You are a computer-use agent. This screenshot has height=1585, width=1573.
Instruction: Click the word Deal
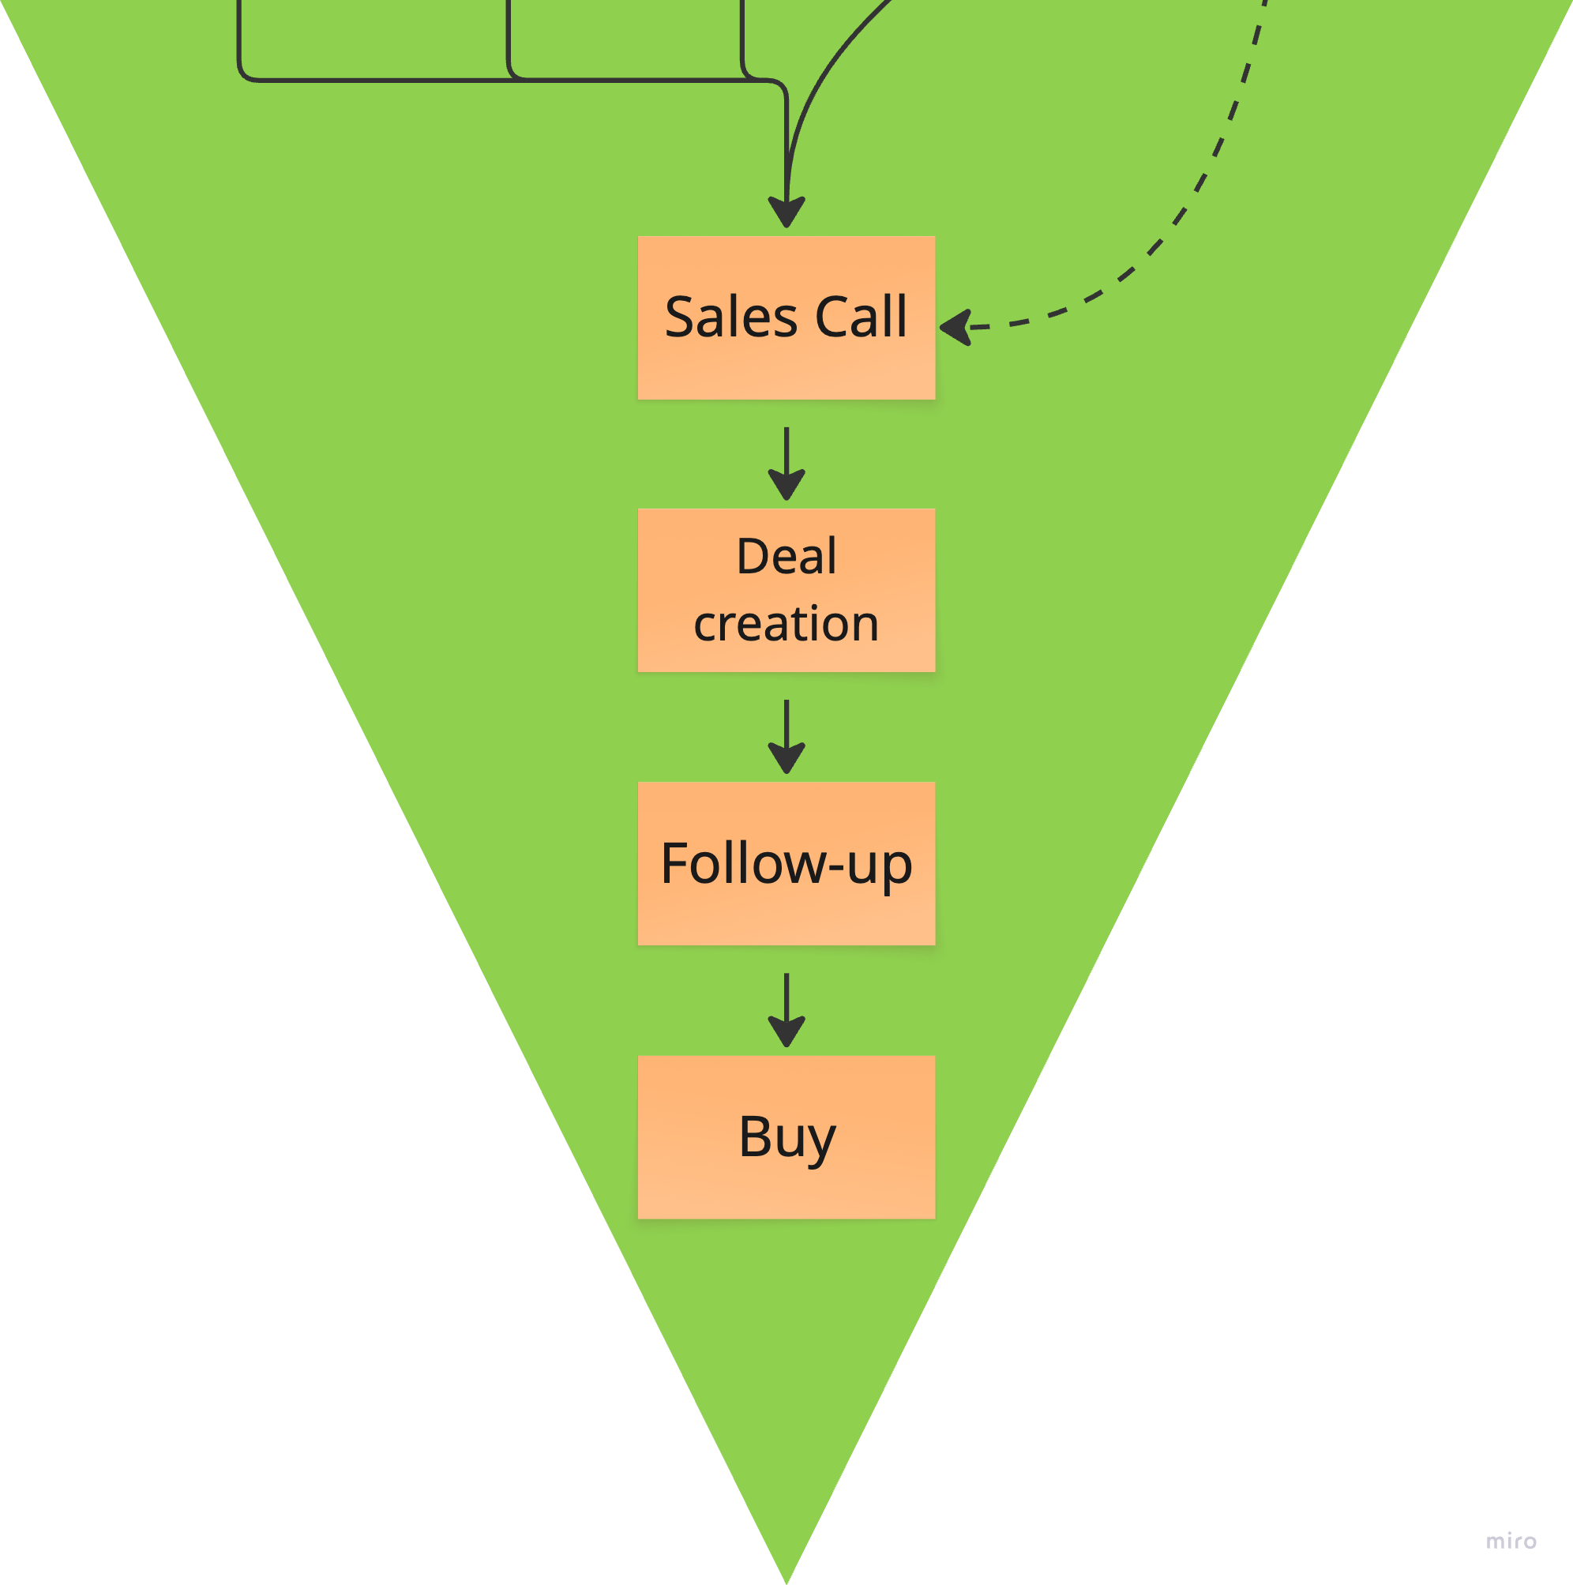pos(786,556)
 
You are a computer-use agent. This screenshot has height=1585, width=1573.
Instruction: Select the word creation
pos(786,624)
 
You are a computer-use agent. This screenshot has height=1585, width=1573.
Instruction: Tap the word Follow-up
pos(786,864)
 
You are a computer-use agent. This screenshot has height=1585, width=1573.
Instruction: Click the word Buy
pos(786,1137)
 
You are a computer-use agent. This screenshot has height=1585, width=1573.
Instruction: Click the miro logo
pos(1511,1542)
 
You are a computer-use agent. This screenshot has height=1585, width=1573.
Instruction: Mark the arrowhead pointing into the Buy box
pos(786,1032)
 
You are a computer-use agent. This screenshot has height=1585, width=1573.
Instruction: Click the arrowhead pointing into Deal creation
pos(786,485)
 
